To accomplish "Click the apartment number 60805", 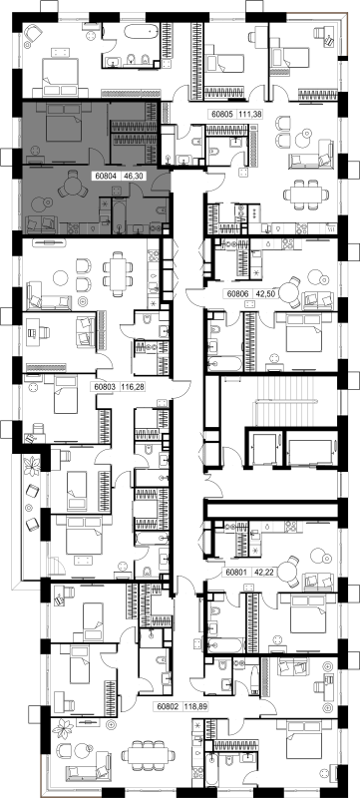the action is [x=220, y=115].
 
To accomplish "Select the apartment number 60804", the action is [x=106, y=177].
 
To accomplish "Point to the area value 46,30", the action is [x=131, y=177].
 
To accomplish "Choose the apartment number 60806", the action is [x=237, y=293].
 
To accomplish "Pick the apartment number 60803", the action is [x=106, y=387].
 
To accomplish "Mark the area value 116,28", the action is [x=133, y=387].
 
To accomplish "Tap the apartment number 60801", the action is [x=236, y=572].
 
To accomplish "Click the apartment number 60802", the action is [x=168, y=706].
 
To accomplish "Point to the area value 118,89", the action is [x=195, y=706].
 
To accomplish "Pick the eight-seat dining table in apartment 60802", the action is [x=149, y=754].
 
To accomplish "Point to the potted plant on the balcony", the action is [x=33, y=466].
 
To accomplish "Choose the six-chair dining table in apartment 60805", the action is [x=305, y=194].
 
